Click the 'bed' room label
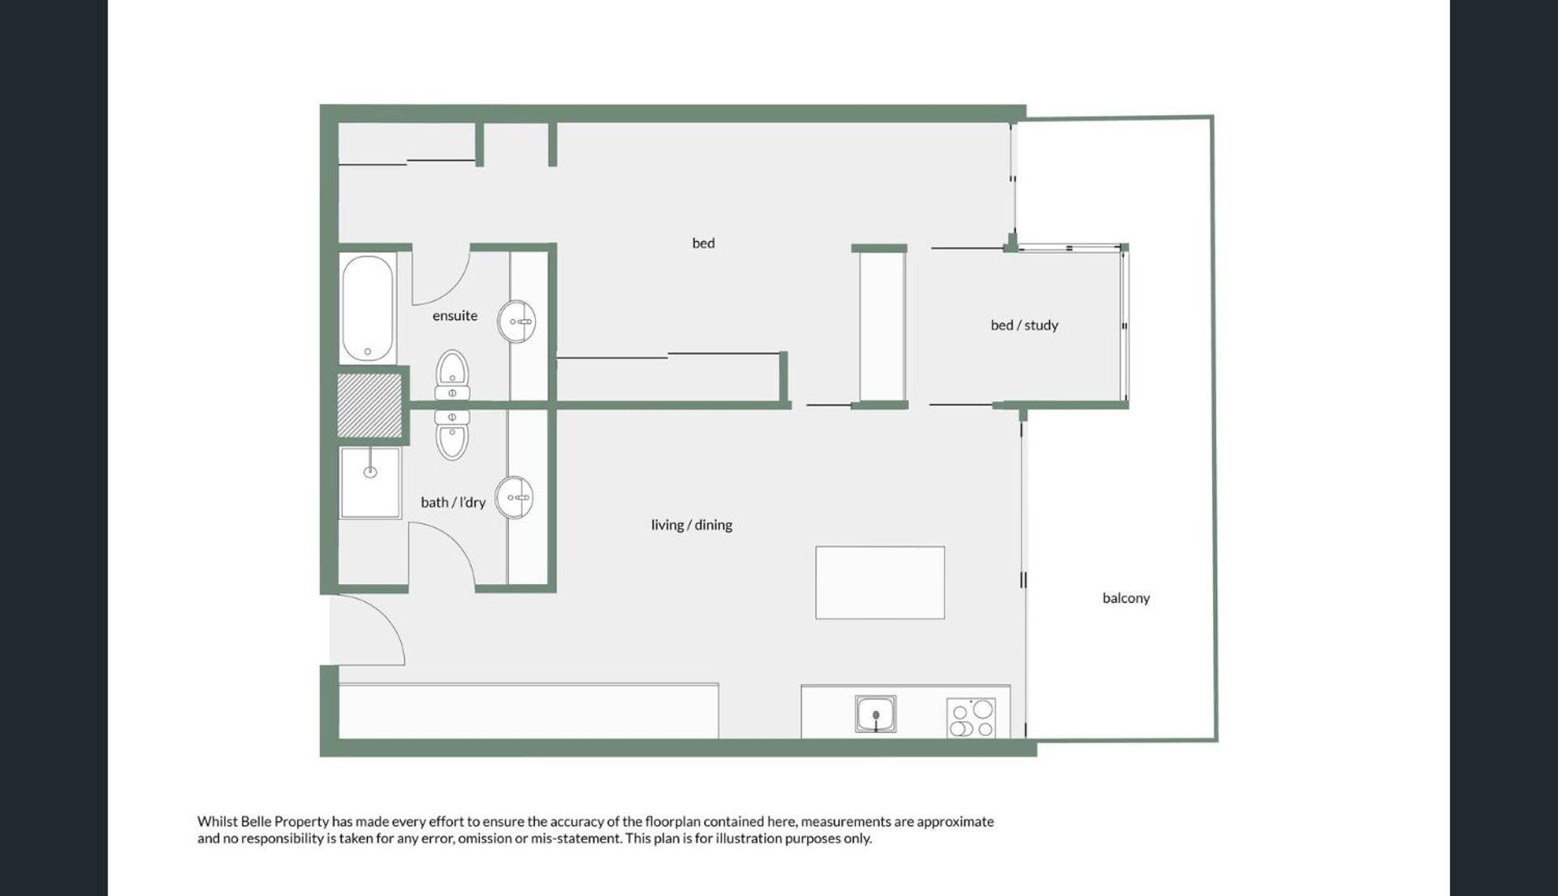703,243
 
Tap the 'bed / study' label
1024,325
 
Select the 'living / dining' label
692,525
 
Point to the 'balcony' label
1126,598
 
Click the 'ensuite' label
455,315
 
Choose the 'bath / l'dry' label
453,502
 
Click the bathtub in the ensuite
368,308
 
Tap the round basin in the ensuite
516,322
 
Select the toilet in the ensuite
452,375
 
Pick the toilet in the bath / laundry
452,435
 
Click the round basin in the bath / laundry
515,497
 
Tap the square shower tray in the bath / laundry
370,483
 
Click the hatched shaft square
369,405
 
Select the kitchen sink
875,714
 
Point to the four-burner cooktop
971,718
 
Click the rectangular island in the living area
880,582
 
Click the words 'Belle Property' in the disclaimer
284,821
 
